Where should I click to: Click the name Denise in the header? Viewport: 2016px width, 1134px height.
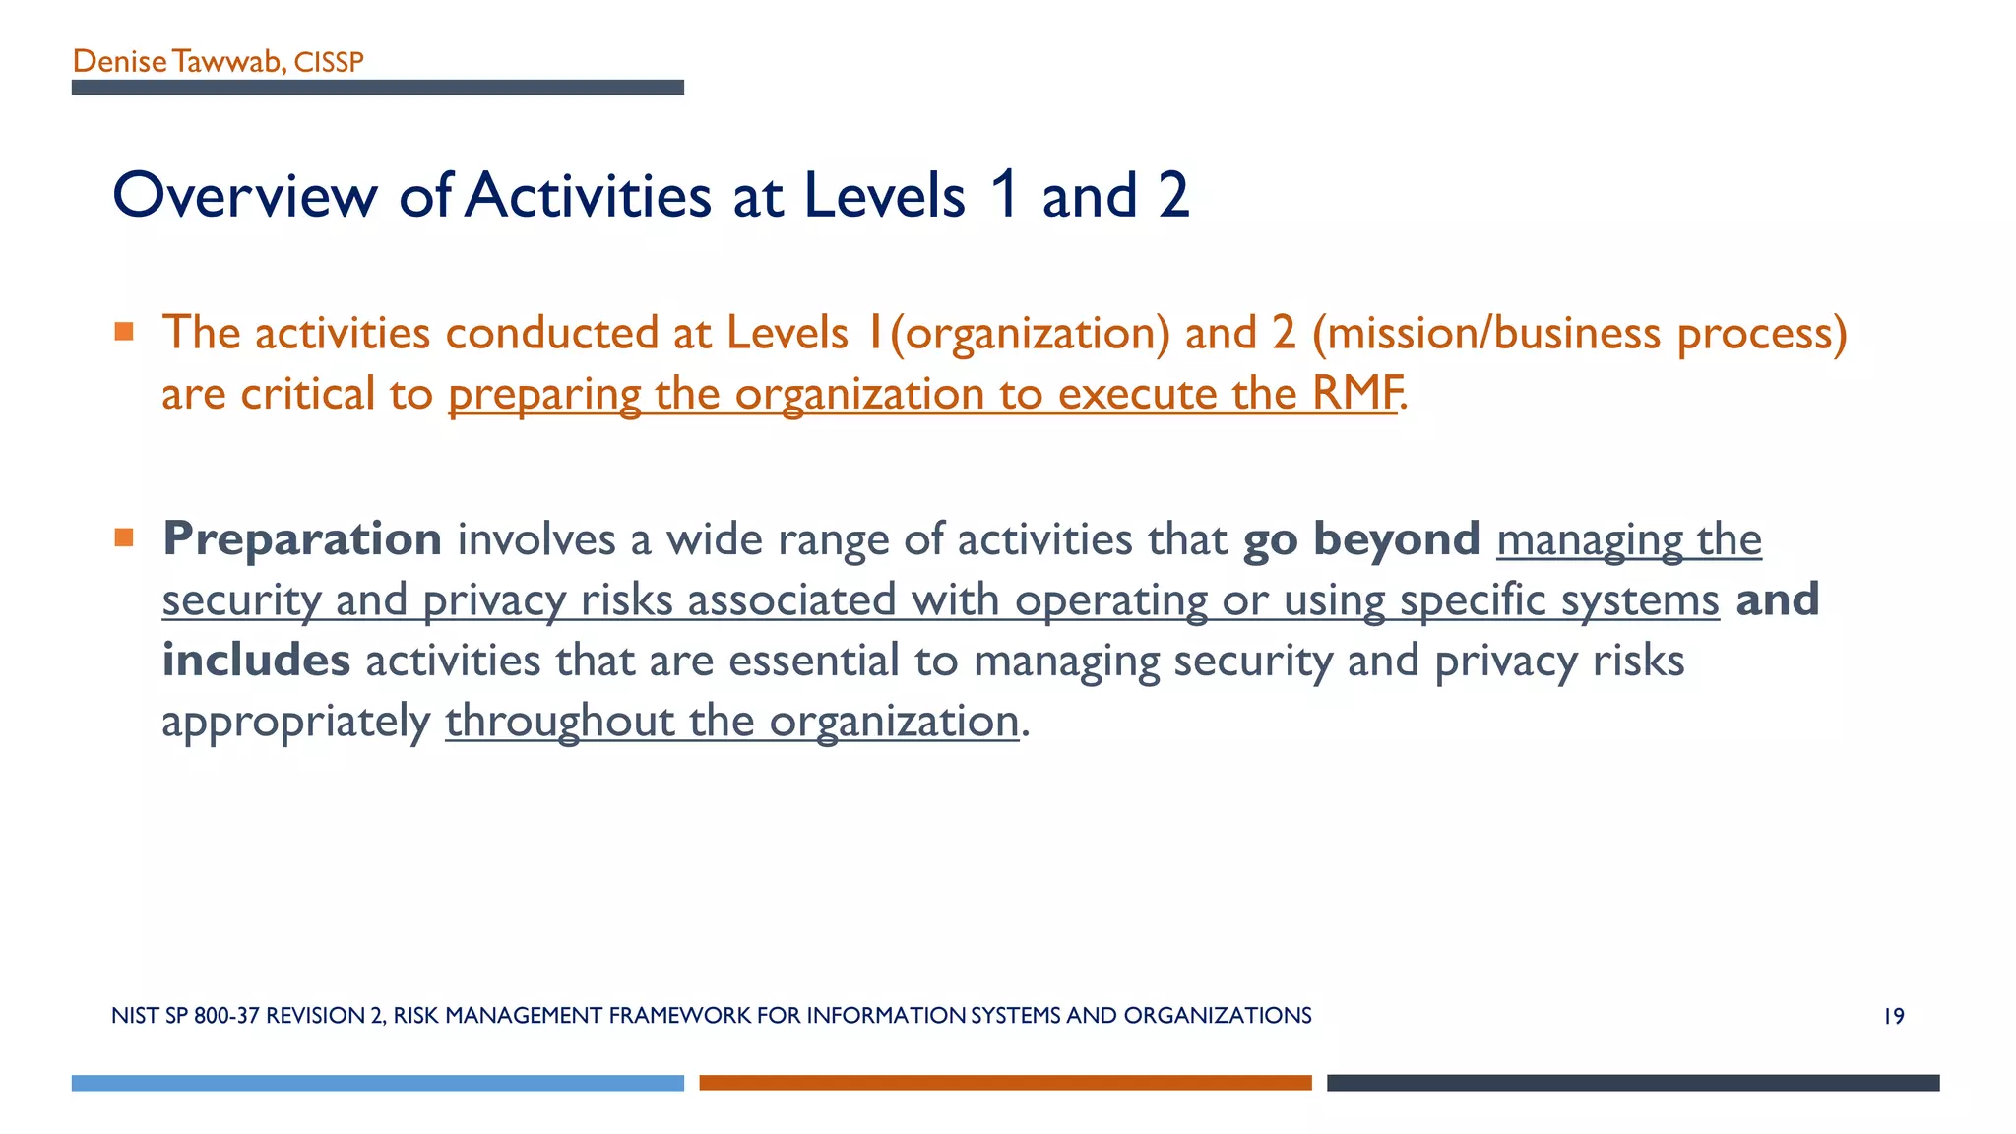click(x=119, y=62)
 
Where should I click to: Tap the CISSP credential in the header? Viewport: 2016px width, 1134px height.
click(x=329, y=63)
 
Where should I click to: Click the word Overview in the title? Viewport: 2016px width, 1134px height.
click(x=245, y=195)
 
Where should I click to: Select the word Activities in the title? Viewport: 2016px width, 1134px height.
click(x=588, y=195)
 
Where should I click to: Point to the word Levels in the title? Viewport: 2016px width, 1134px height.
click(x=884, y=195)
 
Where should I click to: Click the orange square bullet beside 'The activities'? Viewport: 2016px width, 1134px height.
click(x=124, y=332)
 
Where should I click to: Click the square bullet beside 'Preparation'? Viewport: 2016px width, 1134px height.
click(x=124, y=537)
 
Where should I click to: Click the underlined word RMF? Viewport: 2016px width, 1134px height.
click(x=1355, y=394)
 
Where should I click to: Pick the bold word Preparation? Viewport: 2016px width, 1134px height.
click(x=302, y=539)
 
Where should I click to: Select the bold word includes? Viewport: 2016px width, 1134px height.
click(x=256, y=661)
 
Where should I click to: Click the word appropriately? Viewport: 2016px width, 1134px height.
click(x=295, y=723)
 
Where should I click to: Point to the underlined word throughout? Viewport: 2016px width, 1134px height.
click(x=559, y=722)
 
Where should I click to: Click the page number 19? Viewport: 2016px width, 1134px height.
click(x=1893, y=1016)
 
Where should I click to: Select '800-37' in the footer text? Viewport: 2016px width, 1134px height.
click(x=226, y=1016)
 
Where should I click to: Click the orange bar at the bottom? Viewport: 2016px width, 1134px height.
click(x=1005, y=1083)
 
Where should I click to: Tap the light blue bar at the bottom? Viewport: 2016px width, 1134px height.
click(x=377, y=1083)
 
